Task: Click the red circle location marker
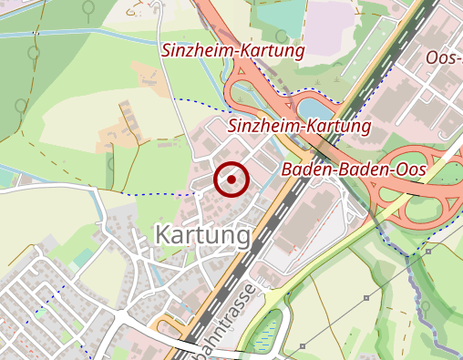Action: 231,180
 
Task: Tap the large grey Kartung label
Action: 202,235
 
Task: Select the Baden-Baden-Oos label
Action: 355,170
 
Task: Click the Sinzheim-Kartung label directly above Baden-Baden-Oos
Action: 300,126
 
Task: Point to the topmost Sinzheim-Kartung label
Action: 232,51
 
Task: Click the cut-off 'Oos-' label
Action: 445,58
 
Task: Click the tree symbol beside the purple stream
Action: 423,305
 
